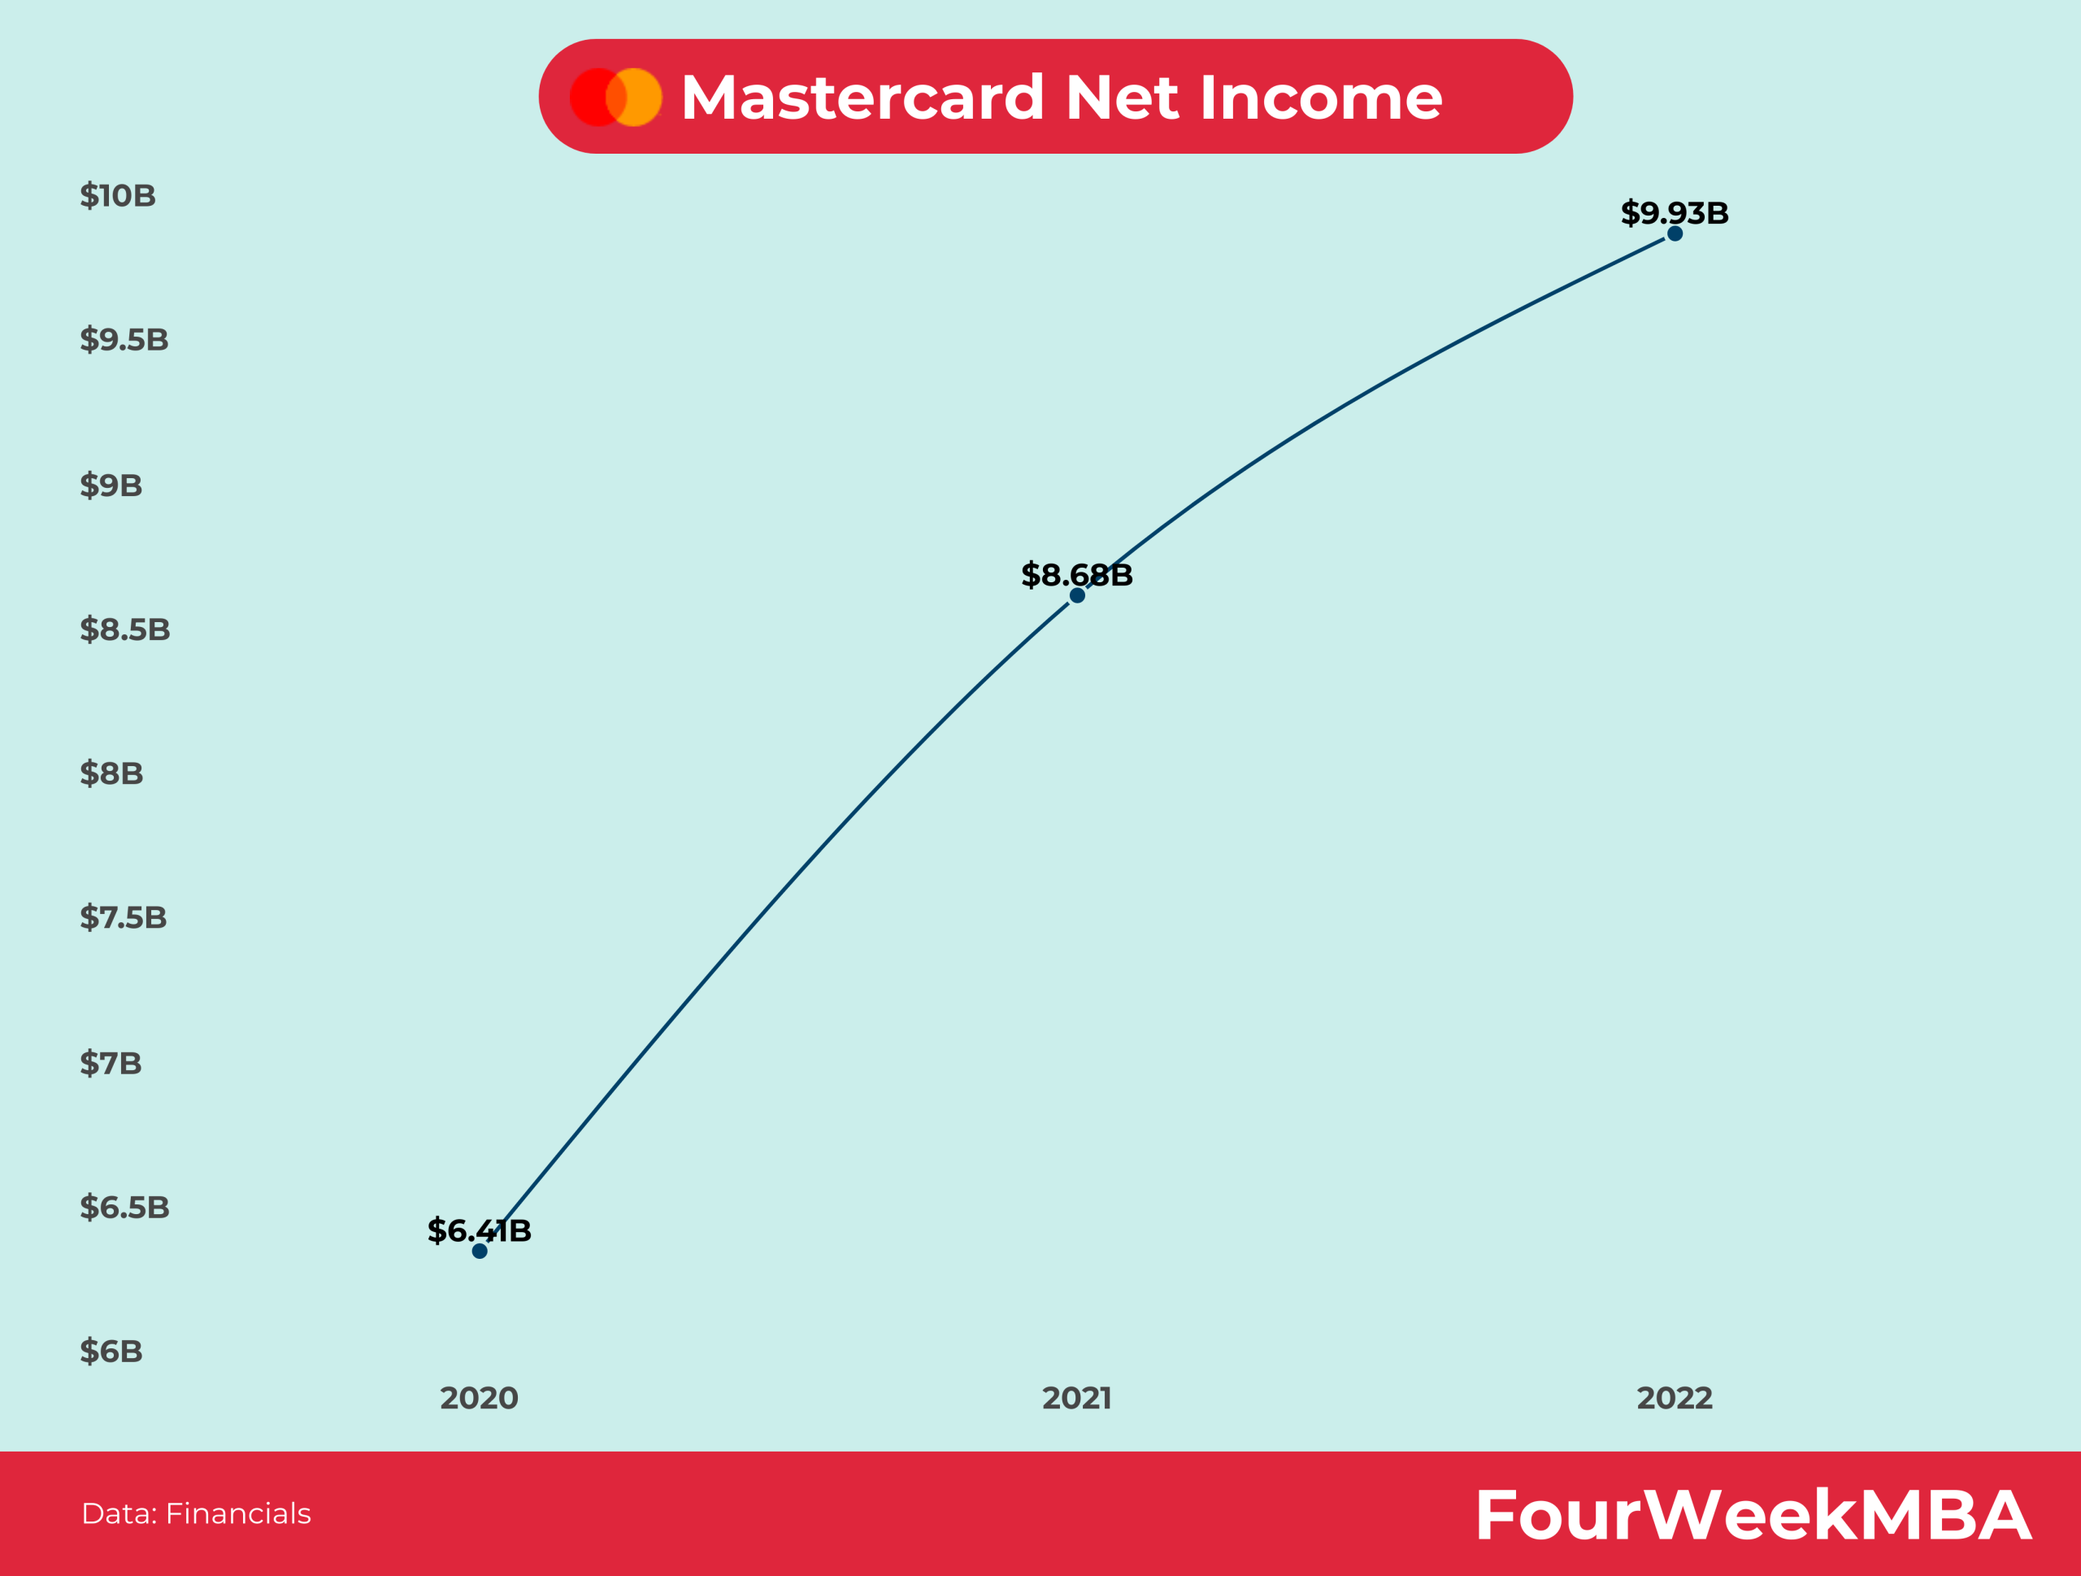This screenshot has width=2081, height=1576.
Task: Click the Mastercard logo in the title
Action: click(x=616, y=97)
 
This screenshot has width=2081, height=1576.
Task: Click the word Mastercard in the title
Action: click(x=862, y=97)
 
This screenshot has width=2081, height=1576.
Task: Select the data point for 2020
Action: click(x=480, y=1251)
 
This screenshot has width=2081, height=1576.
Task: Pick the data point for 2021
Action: click(x=1077, y=595)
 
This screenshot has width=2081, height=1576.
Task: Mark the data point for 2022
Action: click(x=1675, y=233)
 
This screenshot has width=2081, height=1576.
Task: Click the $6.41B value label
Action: click(x=479, y=1230)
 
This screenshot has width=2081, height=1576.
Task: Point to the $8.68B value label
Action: click(x=1076, y=574)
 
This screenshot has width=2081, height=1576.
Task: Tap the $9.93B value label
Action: click(x=1674, y=212)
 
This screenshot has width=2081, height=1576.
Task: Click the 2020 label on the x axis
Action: click(x=479, y=1398)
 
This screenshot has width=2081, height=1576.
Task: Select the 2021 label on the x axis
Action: click(x=1076, y=1398)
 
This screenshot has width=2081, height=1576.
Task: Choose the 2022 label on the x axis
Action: click(x=1674, y=1398)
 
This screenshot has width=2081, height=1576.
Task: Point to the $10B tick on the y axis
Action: click(x=118, y=196)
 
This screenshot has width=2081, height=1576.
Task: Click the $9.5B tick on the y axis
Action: click(x=124, y=340)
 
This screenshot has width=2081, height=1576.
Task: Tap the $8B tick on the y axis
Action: click(x=112, y=773)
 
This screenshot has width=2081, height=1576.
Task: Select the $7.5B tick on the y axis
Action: click(x=124, y=917)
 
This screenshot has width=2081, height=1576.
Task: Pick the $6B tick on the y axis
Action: click(x=111, y=1351)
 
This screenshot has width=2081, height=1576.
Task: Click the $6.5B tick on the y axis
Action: click(x=124, y=1207)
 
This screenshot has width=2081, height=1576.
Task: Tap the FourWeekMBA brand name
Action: click(x=1753, y=1516)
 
